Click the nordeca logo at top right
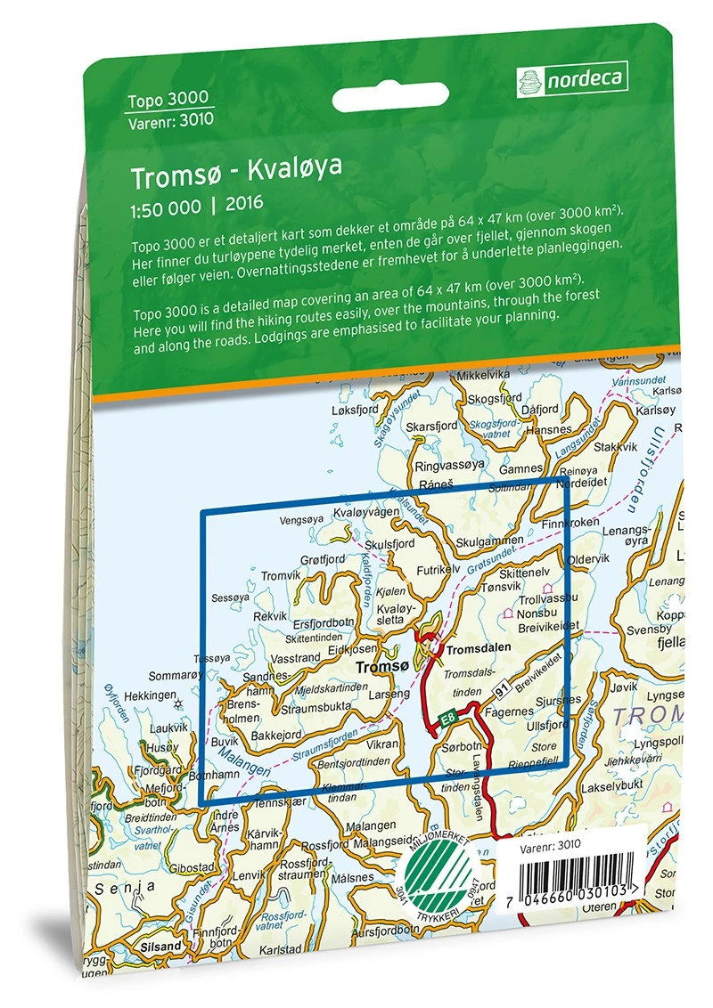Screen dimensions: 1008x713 click(x=571, y=79)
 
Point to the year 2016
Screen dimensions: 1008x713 click(x=244, y=204)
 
